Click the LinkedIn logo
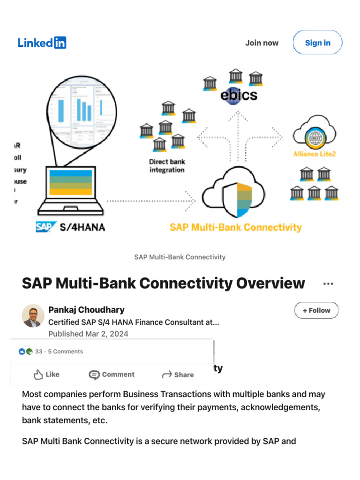(x=42, y=43)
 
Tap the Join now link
(x=262, y=43)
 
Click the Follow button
(x=316, y=310)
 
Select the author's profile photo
(x=33, y=316)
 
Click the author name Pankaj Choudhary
(x=86, y=310)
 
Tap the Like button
(x=46, y=375)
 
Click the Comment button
(x=112, y=375)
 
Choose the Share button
(x=178, y=375)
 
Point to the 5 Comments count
(x=65, y=352)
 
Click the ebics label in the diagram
(x=239, y=95)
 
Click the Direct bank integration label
(x=167, y=165)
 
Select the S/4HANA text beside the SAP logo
(x=82, y=227)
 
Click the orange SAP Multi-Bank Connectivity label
(x=235, y=227)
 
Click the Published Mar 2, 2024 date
(x=88, y=334)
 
